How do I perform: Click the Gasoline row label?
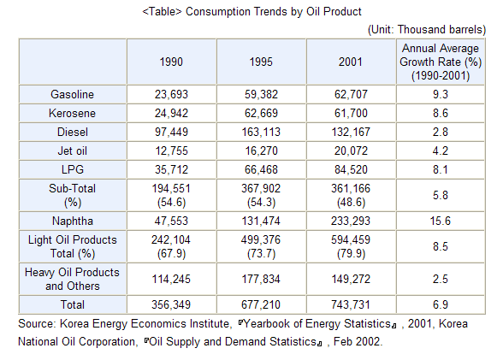(x=72, y=94)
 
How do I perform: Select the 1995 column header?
(x=261, y=62)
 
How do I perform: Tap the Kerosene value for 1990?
(x=171, y=113)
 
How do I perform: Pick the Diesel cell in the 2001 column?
(x=351, y=132)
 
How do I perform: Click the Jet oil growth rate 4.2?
(x=440, y=150)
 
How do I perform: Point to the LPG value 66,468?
(x=261, y=169)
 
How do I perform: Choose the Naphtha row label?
(x=73, y=221)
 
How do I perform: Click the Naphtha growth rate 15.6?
(x=440, y=221)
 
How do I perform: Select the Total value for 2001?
(x=351, y=304)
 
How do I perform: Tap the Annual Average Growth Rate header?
(x=441, y=62)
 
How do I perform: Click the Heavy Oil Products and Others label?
(x=72, y=279)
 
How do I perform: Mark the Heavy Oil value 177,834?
(x=261, y=279)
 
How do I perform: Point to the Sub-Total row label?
(x=72, y=195)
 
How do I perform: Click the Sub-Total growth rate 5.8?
(x=440, y=195)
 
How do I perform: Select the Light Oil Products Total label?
(x=73, y=246)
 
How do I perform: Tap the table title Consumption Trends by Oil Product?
(x=251, y=11)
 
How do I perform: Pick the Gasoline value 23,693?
(x=171, y=94)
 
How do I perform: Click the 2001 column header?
(x=351, y=62)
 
